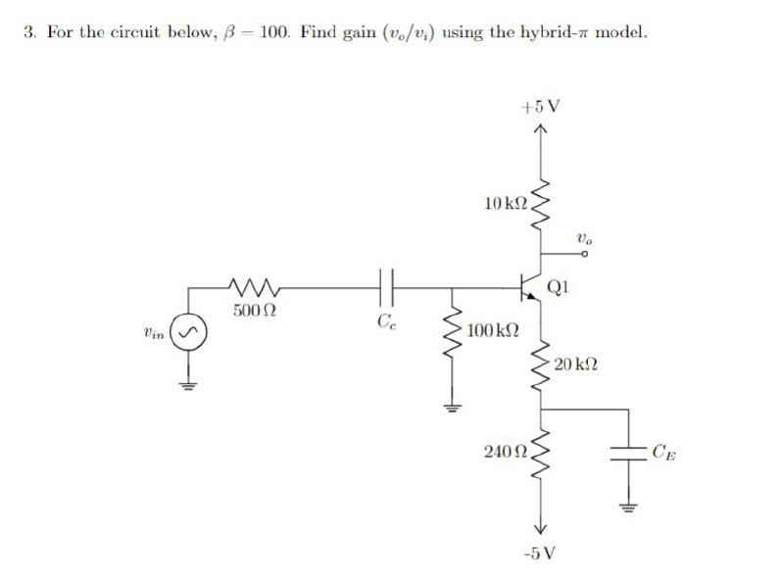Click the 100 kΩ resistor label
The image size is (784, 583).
(x=492, y=329)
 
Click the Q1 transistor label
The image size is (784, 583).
(x=560, y=288)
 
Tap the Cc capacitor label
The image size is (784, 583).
(x=385, y=319)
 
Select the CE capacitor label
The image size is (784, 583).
(x=663, y=452)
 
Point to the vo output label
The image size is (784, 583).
(x=585, y=237)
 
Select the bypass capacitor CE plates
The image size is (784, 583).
(x=623, y=452)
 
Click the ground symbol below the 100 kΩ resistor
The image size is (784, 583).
(x=452, y=409)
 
